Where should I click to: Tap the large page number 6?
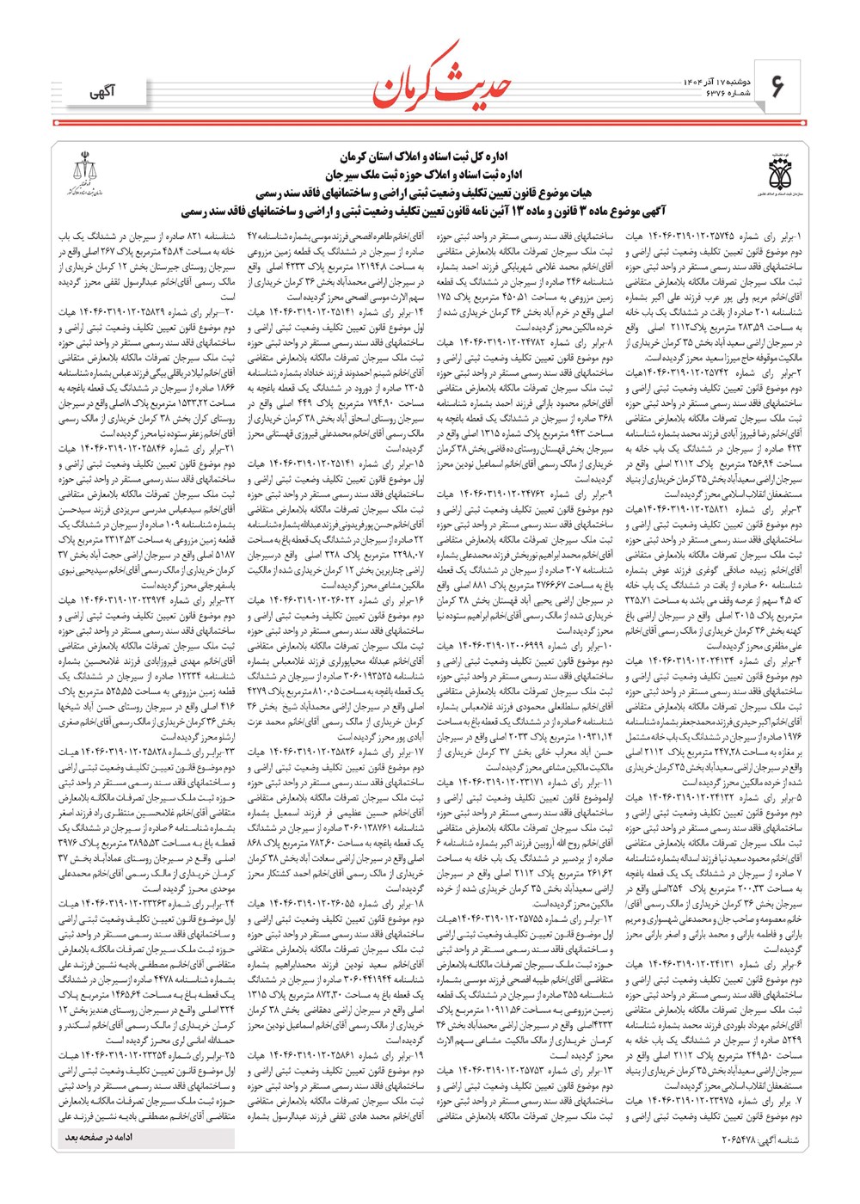[x=777, y=87]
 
